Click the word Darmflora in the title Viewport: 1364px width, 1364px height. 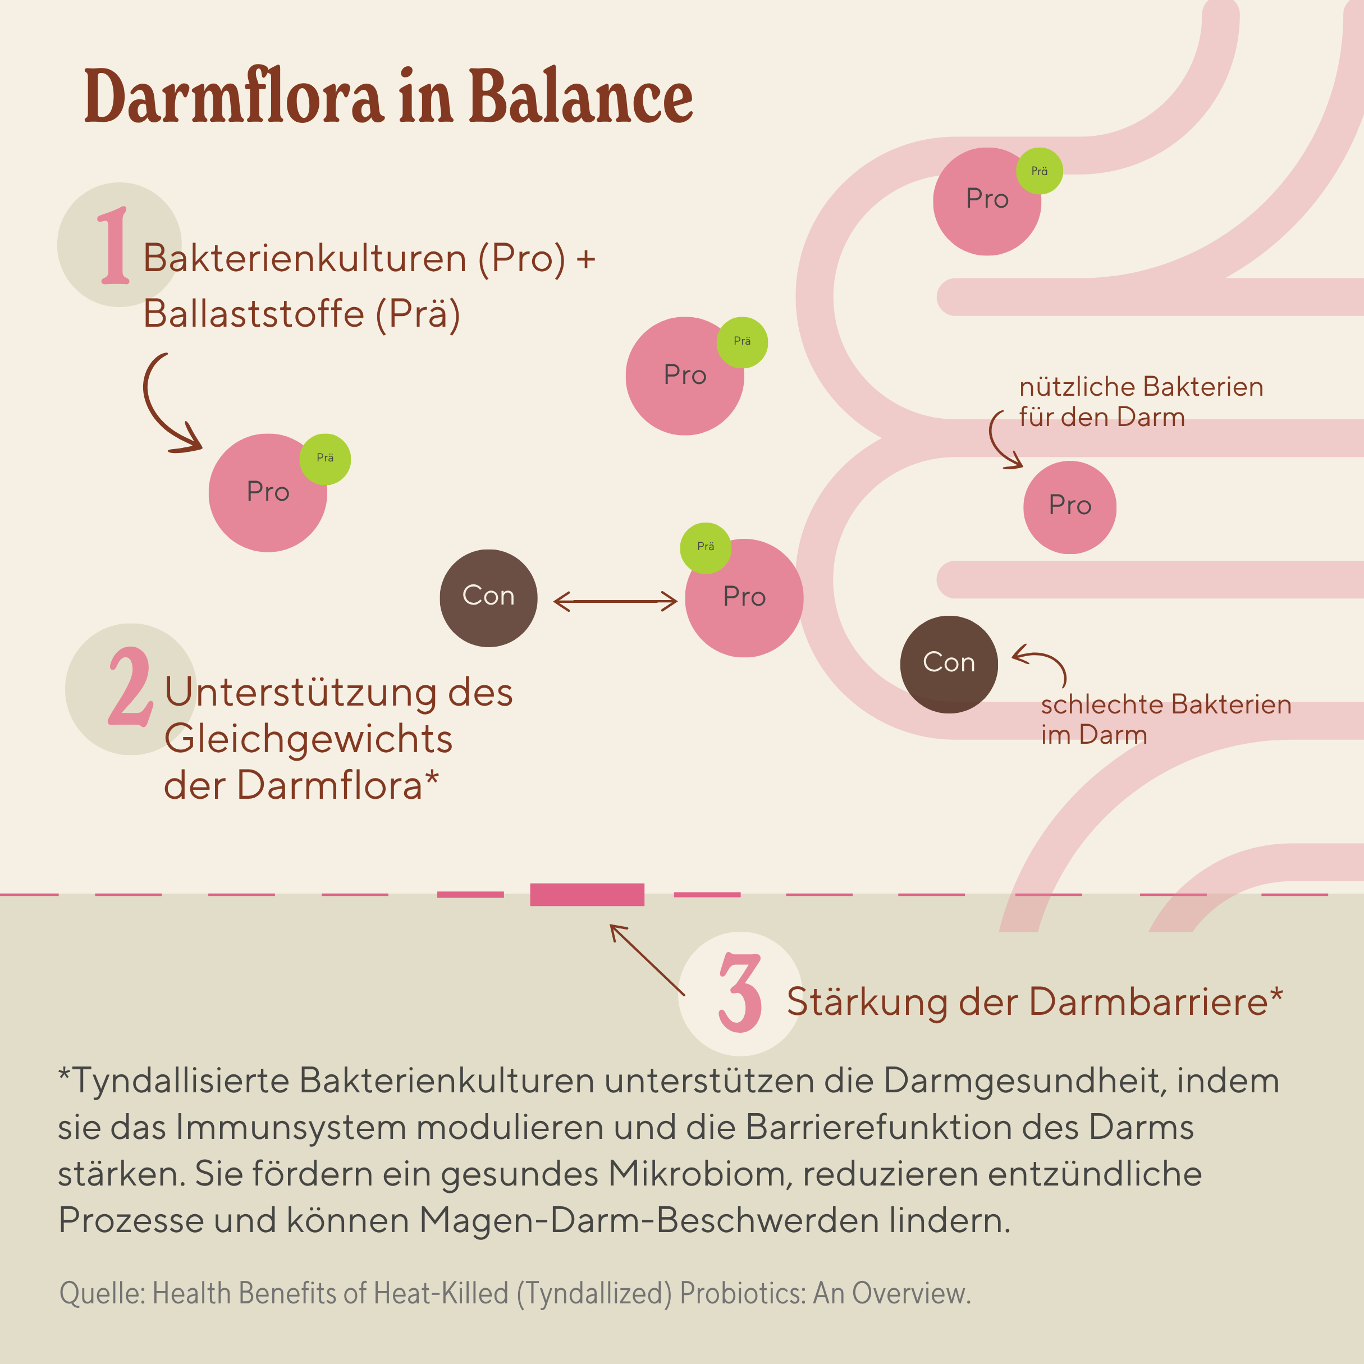tap(233, 97)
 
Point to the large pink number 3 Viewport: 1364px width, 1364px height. tap(740, 992)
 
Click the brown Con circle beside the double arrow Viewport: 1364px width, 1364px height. tap(488, 598)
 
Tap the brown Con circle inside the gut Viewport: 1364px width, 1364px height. tap(948, 665)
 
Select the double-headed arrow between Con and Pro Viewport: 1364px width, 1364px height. tap(615, 602)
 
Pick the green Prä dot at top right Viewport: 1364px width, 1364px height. tap(1038, 171)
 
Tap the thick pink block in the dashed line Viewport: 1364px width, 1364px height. tap(587, 895)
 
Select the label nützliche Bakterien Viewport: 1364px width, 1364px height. tap(1140, 387)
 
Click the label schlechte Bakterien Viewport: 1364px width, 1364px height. tap(1165, 704)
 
